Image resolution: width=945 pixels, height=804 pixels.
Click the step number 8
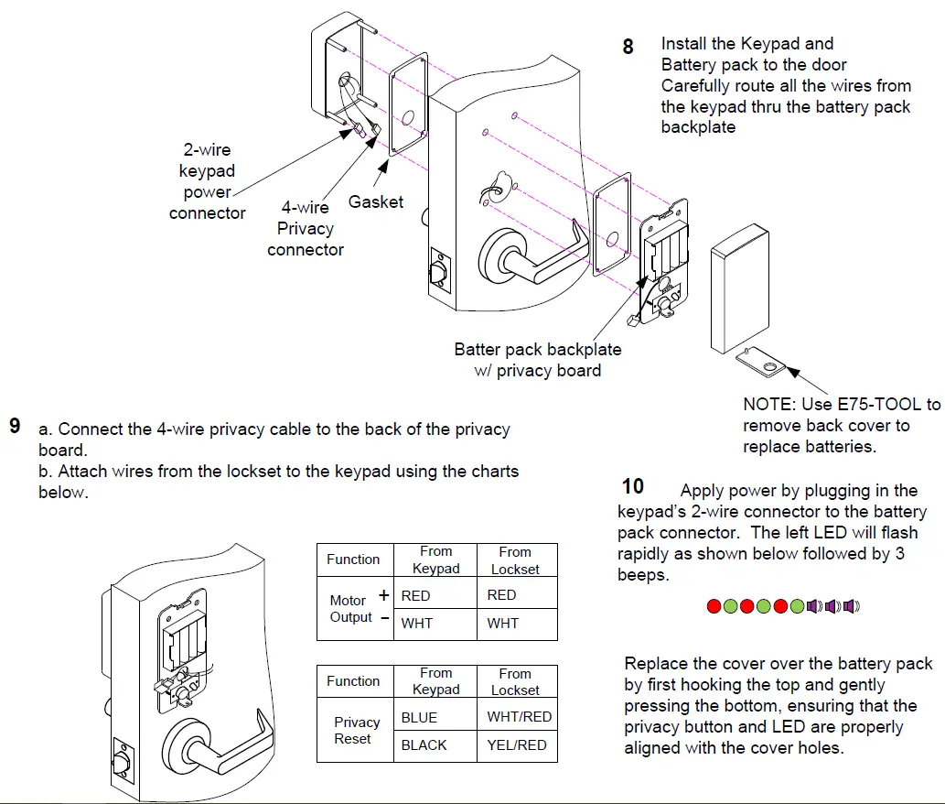(628, 46)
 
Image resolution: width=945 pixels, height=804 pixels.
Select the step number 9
(15, 427)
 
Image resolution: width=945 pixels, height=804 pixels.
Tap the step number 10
(632, 486)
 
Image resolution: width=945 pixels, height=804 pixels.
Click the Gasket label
(375, 201)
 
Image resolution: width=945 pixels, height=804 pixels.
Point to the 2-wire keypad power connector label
(208, 181)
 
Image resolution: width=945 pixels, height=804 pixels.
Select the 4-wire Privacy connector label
(306, 229)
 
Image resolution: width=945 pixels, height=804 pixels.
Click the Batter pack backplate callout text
(538, 359)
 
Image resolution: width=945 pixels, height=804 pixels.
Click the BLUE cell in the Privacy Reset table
(419, 717)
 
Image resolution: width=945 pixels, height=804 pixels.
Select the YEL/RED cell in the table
(516, 745)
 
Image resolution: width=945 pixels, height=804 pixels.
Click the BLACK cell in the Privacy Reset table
(424, 745)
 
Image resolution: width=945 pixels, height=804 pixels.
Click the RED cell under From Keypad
(415, 595)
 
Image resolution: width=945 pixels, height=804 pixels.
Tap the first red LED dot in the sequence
(714, 606)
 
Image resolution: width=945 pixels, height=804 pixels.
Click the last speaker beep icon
(852, 606)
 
